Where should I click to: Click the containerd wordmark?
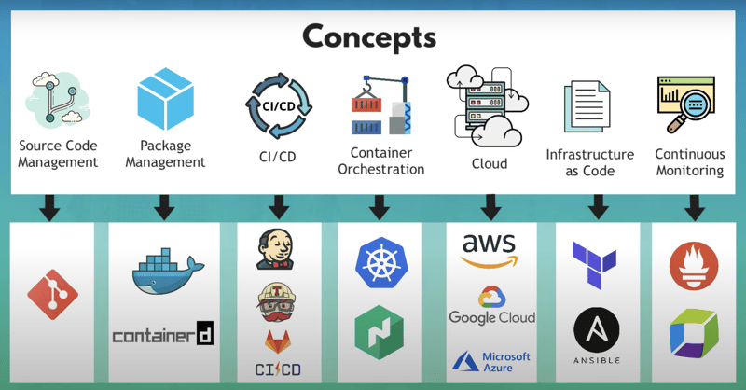coord(162,334)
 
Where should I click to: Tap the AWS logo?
coord(490,251)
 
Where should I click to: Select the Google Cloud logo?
coord(491,307)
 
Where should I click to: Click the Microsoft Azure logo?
coord(491,361)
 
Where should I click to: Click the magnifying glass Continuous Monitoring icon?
coord(689,105)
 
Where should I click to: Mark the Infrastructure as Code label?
coord(590,162)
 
